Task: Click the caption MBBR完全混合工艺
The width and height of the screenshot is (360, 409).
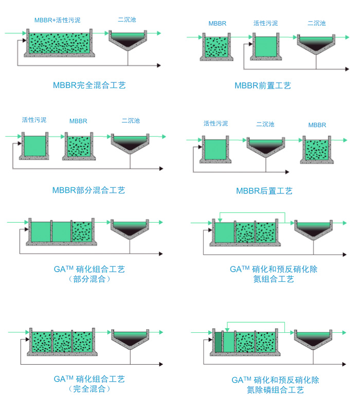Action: click(89, 85)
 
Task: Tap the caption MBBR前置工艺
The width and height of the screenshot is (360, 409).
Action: click(262, 85)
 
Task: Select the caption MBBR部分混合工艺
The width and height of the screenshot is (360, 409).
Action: click(88, 190)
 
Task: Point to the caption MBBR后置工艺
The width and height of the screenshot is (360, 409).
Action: click(264, 191)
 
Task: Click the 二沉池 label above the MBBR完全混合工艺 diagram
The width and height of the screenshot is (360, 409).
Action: click(127, 20)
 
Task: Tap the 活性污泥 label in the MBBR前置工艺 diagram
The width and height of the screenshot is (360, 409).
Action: click(265, 23)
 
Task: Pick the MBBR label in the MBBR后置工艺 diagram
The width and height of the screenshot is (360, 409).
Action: click(317, 125)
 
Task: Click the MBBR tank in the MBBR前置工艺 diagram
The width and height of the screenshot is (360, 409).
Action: click(216, 47)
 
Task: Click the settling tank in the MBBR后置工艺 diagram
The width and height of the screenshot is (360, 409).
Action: click(266, 146)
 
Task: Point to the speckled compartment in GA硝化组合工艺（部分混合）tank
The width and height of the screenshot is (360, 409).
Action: click(81, 232)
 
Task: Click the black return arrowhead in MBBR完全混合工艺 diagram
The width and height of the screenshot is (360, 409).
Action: click(159, 65)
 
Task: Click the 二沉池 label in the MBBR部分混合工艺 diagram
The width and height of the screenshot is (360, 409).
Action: click(131, 121)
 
